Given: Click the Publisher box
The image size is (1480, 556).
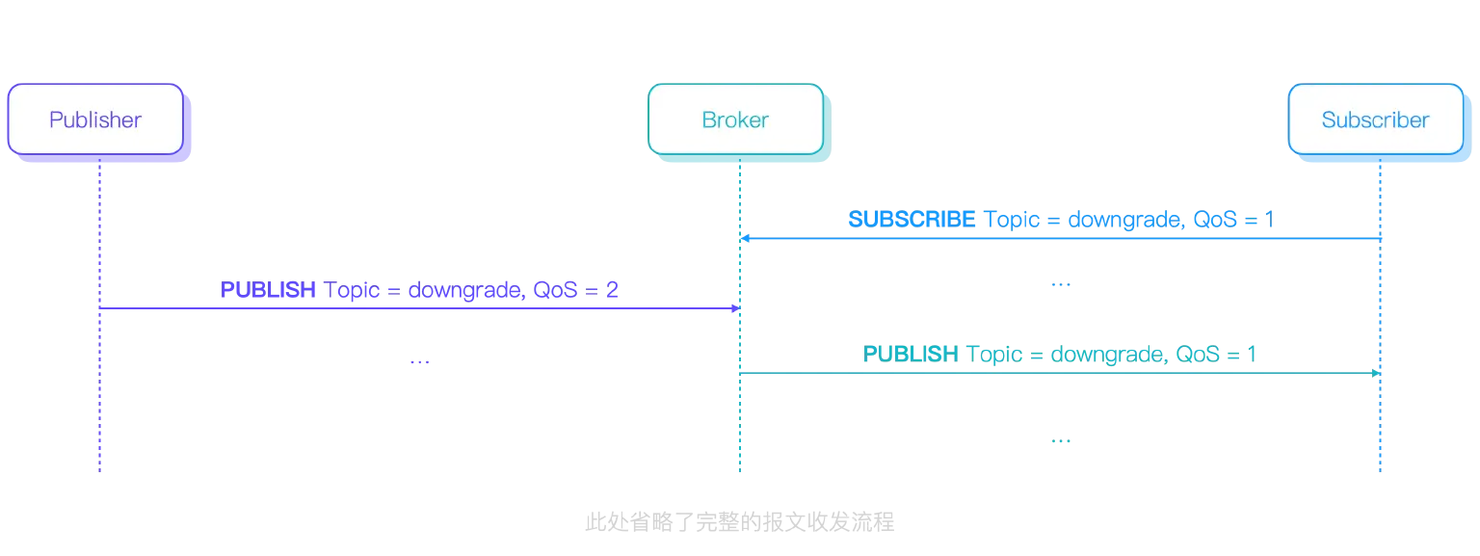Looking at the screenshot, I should pos(95,119).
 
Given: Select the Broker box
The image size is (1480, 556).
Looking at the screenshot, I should pos(735,119).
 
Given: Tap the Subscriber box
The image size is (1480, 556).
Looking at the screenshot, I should pos(1375,119).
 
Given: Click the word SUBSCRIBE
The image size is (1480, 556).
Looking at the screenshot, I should pos(910,219).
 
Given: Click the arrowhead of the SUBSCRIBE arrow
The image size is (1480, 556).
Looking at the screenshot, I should pos(743,237).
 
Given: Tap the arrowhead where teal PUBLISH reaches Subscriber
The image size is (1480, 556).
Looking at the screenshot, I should pos(1378,372).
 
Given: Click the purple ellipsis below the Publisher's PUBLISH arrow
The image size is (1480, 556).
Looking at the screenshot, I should pos(419,363).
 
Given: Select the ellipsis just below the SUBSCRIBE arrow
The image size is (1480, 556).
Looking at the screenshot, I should pos(1059,286).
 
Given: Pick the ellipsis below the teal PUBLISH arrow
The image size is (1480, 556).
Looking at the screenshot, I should pos(1059,443).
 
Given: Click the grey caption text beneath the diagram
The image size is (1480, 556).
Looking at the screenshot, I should pos(736,521).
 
